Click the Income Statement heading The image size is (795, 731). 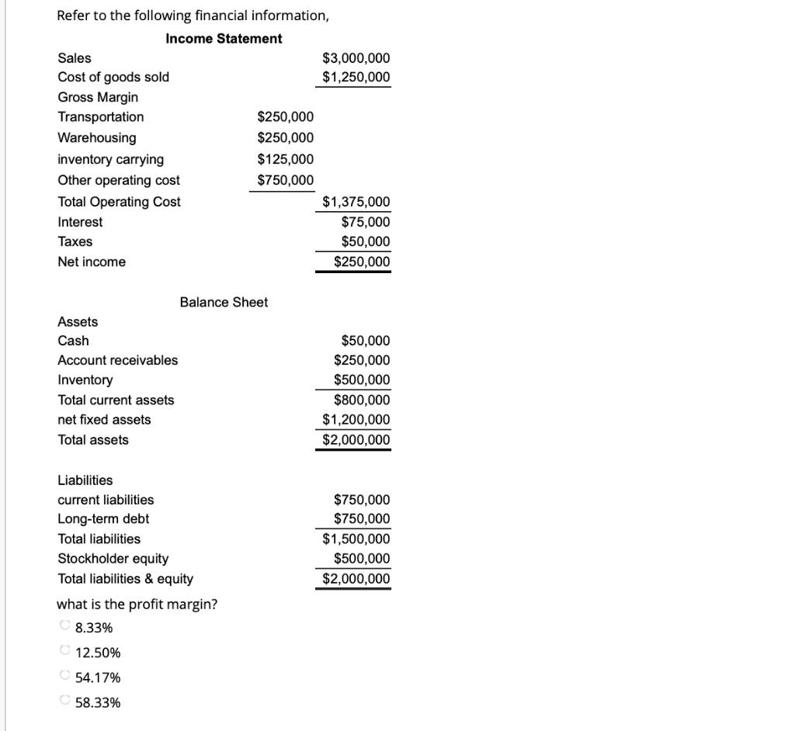tap(224, 38)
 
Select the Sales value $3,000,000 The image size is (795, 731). tap(356, 58)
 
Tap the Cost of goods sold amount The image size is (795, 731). tap(356, 77)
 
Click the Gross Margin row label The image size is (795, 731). tap(98, 97)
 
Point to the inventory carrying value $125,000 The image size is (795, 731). tap(286, 159)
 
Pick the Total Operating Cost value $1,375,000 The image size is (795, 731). tap(356, 202)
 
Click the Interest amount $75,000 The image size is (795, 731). tap(365, 222)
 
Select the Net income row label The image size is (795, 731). tap(92, 262)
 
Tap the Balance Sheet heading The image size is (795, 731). tap(224, 302)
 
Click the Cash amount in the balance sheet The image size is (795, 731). tap(365, 341)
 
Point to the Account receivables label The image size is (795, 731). tap(117, 360)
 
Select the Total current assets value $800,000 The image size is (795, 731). tap(362, 400)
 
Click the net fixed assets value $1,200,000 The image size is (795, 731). tap(356, 420)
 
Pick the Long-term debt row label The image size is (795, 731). tap(103, 518)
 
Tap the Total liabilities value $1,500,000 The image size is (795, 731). tap(356, 539)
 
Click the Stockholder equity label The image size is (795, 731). tap(113, 559)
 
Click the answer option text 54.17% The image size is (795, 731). tap(98, 677)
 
